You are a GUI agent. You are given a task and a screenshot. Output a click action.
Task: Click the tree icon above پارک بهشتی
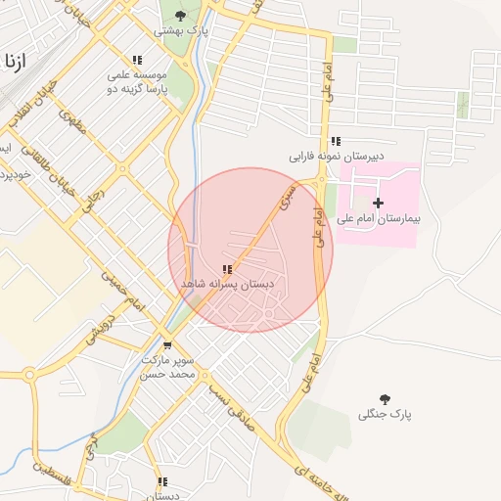180,14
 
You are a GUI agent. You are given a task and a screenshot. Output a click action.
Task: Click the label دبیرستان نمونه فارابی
336,157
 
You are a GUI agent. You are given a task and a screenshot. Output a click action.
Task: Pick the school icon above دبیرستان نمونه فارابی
336,141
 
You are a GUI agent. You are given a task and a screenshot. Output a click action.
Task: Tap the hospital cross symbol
379,203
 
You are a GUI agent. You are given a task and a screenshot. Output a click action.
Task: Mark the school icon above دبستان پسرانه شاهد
227,268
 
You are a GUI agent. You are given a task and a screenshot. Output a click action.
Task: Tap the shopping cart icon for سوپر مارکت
167,344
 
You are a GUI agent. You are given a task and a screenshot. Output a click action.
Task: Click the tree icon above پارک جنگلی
386,398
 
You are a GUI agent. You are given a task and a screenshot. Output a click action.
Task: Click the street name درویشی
102,330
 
